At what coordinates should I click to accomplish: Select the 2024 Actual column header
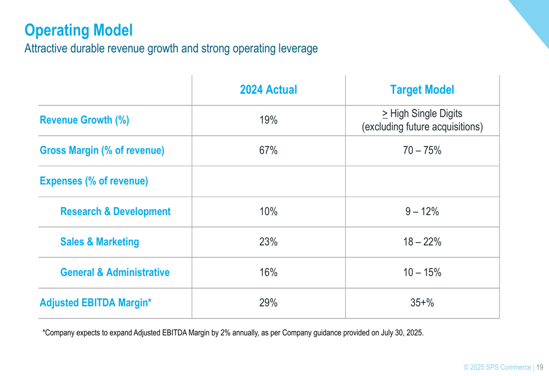click(268, 90)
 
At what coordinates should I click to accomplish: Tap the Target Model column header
click(422, 90)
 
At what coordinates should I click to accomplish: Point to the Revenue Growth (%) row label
click(85, 120)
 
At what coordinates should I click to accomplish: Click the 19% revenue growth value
click(268, 120)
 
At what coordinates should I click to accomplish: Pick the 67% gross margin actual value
click(268, 150)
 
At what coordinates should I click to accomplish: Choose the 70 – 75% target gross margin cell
click(422, 150)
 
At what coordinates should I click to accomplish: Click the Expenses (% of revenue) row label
click(94, 181)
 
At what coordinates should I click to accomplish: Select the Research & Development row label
click(115, 212)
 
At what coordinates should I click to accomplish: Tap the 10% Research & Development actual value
click(268, 212)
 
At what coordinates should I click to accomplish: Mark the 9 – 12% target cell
click(422, 212)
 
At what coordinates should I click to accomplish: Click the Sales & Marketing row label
click(99, 242)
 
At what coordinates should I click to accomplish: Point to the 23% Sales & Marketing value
click(268, 242)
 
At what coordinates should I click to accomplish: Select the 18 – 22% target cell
click(422, 242)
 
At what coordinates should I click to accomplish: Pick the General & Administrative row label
click(115, 273)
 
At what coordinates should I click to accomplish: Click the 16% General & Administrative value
click(268, 273)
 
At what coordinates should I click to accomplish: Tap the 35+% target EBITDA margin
click(422, 303)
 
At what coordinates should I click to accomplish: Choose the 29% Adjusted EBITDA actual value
click(268, 303)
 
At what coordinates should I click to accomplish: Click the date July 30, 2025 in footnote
click(401, 333)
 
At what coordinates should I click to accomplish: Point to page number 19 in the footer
click(540, 367)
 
